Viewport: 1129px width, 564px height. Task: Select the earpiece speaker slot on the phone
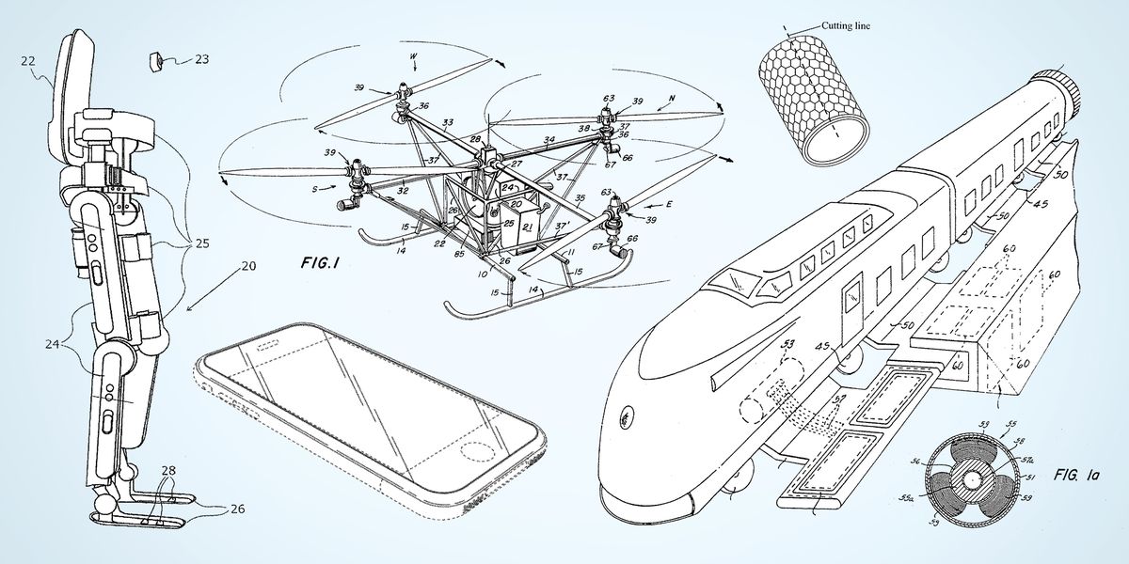268,347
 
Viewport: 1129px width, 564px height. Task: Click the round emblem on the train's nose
624,416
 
